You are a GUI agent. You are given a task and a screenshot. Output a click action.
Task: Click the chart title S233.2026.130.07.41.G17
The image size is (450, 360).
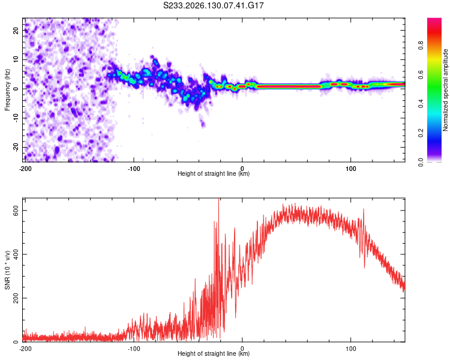click(213, 5)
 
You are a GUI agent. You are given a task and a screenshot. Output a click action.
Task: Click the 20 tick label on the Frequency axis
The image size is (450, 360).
click(16, 30)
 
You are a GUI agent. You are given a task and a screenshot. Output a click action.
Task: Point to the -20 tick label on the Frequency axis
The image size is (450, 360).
click(16, 148)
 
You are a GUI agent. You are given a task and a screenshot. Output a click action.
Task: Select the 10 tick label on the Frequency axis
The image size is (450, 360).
click(16, 59)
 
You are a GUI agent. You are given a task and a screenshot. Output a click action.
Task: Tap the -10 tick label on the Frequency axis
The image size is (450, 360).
click(16, 118)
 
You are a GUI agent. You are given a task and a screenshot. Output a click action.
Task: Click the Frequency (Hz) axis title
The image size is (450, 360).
click(7, 90)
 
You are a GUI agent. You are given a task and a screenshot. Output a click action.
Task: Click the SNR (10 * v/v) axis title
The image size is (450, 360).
click(7, 270)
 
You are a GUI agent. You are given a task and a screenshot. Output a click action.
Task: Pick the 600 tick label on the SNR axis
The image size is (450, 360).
click(16, 211)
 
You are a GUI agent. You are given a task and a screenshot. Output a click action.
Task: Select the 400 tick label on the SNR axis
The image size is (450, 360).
click(16, 254)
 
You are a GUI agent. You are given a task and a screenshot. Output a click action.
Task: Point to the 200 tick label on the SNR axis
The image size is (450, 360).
click(16, 298)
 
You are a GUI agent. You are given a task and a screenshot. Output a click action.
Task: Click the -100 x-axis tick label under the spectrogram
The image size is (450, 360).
click(134, 169)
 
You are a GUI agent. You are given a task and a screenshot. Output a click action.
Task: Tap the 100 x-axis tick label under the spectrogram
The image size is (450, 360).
click(351, 169)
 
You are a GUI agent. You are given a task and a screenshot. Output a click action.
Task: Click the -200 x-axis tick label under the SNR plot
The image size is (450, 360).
click(25, 349)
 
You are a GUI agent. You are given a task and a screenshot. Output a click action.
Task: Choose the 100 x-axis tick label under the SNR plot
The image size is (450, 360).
click(351, 349)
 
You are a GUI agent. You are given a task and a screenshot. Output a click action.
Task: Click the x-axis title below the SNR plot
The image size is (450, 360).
click(214, 353)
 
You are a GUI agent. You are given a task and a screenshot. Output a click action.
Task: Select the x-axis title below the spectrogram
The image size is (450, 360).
click(214, 173)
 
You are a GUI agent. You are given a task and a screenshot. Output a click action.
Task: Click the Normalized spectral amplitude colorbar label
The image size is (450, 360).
click(445, 90)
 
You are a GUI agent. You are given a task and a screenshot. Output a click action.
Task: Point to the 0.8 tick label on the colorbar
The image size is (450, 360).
click(421, 46)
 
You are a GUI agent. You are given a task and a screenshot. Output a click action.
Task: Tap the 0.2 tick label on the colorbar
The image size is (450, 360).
click(421, 133)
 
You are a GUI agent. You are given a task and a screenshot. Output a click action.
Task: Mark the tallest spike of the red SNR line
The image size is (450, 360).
click(219, 199)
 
